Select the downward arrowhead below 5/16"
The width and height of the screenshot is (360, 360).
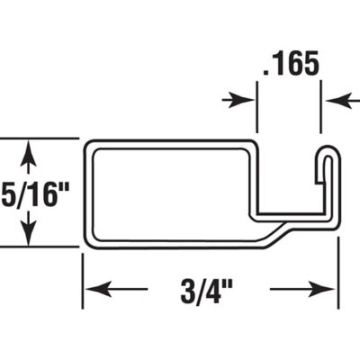[31, 237]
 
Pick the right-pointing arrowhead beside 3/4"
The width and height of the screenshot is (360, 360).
[329, 290]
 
